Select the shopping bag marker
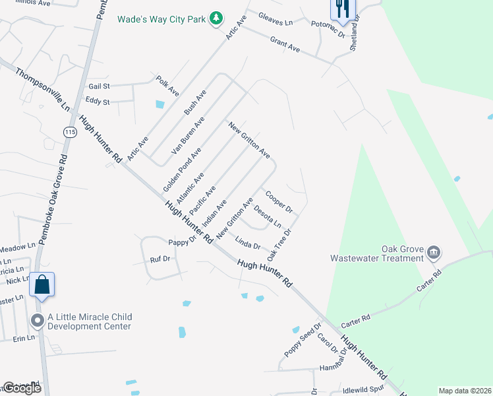42,284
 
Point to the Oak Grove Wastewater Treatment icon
434,251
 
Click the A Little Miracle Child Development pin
38,321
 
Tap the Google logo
22,389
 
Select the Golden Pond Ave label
182,170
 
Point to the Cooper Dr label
279,202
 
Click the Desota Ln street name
268,216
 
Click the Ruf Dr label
160,259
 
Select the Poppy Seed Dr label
303,341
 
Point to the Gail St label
98,86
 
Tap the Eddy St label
97,102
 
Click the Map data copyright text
464,391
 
